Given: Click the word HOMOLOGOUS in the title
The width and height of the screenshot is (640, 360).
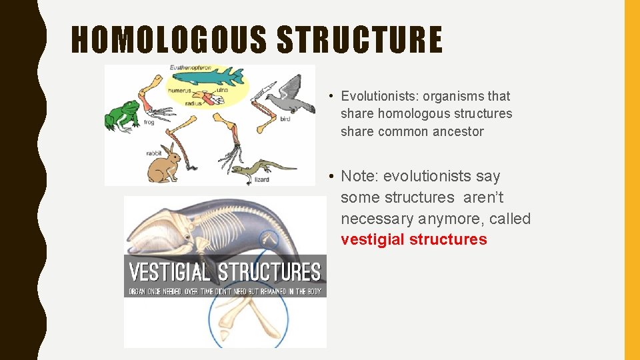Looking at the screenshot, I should point(170,39).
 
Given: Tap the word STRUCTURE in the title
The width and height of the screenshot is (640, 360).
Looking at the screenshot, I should point(359,39).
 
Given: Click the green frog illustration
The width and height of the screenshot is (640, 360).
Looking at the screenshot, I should point(121,114).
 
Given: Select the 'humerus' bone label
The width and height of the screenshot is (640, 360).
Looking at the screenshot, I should point(180,91).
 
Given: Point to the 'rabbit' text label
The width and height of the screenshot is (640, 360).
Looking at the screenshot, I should point(154,153).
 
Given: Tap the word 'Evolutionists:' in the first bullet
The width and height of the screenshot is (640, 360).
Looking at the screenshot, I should point(379,96).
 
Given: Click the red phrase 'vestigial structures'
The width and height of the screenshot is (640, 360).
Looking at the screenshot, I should point(413,240).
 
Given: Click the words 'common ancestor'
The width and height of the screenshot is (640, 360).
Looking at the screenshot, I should point(431,132).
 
